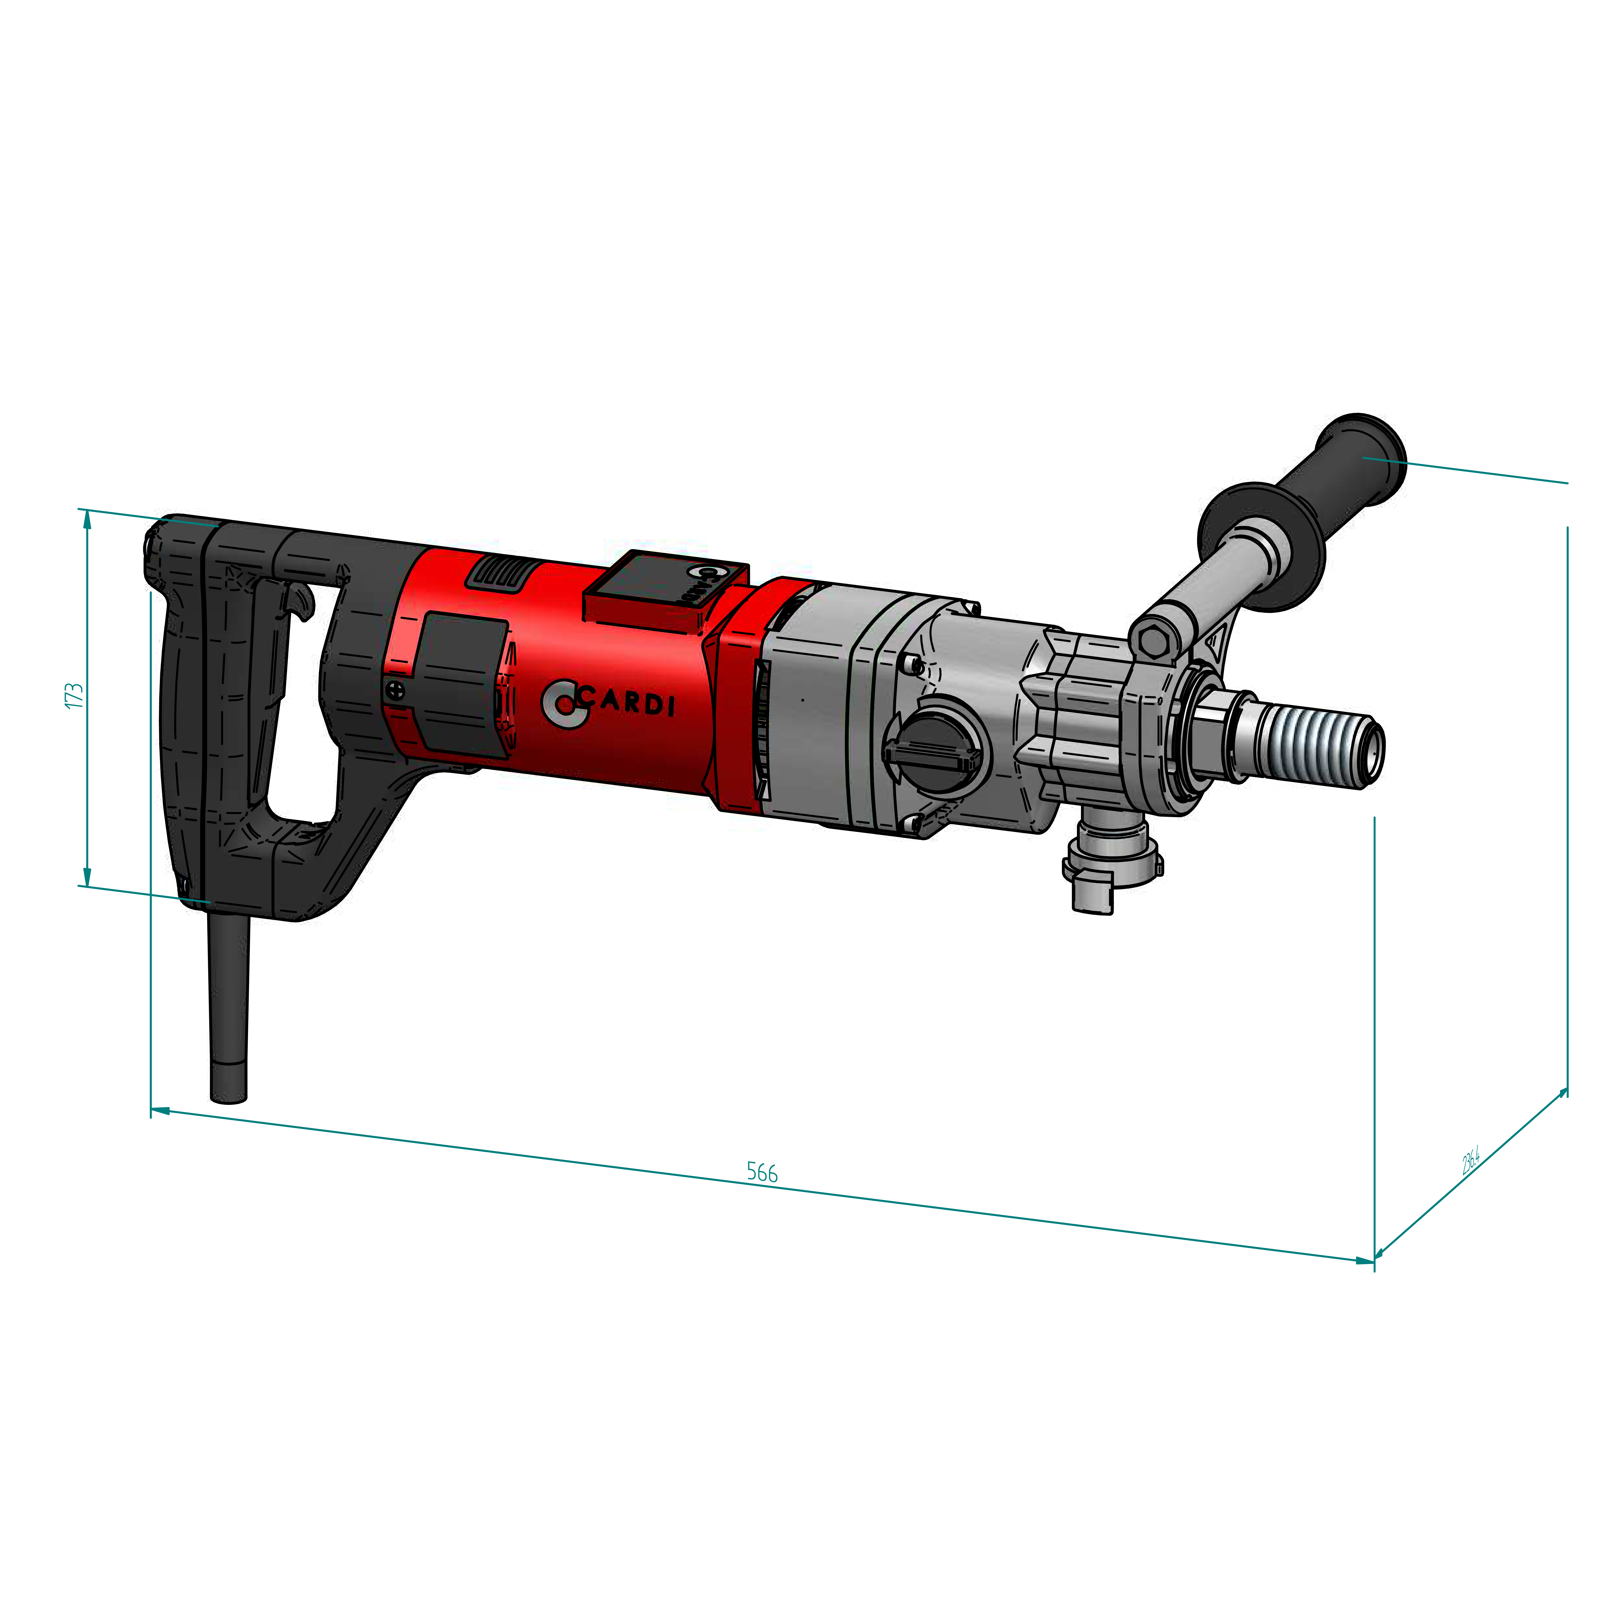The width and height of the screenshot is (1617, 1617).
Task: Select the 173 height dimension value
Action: [x=75, y=696]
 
